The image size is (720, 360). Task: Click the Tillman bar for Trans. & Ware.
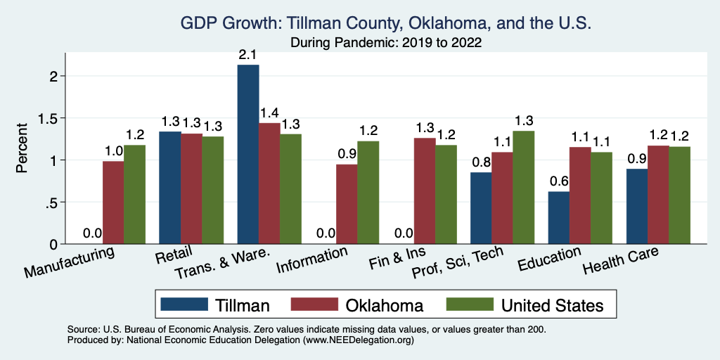(x=248, y=155)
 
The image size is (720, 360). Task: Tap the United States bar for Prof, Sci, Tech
(x=524, y=187)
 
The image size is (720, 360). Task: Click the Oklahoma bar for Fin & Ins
(x=424, y=191)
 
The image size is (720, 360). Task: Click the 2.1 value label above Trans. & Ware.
(x=248, y=55)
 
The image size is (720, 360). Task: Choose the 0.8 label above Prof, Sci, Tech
(x=480, y=162)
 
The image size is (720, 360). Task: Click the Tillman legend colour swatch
(x=184, y=304)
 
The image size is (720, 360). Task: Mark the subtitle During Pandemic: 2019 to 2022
(x=386, y=43)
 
